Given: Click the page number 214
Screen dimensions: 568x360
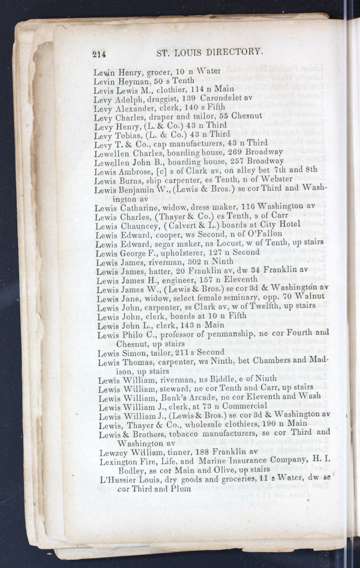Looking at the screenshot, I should coord(100,54).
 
